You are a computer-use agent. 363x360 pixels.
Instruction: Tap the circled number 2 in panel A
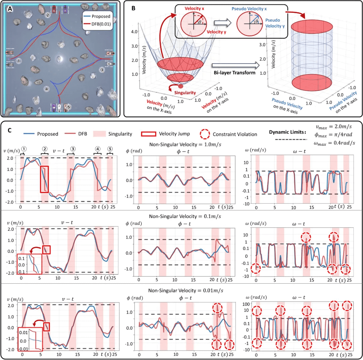(48, 15)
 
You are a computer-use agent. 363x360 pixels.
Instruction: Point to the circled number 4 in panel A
(47, 89)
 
